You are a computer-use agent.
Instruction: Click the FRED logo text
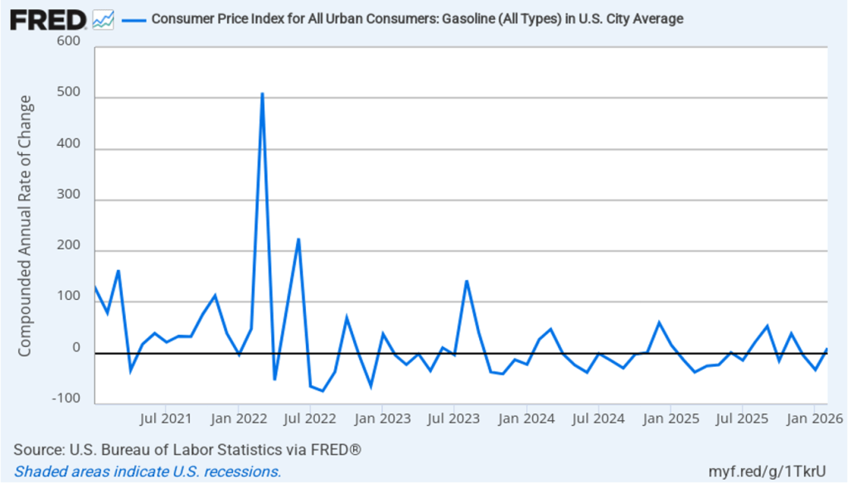point(48,19)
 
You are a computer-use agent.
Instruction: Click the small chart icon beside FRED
point(104,19)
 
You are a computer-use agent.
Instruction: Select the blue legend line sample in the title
point(133,19)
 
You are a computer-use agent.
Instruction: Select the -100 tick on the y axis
point(67,398)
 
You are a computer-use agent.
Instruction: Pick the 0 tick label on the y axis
point(76,347)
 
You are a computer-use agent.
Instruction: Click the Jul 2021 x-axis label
point(167,418)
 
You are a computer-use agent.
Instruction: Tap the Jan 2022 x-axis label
point(239,418)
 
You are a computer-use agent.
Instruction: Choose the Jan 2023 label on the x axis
point(381,418)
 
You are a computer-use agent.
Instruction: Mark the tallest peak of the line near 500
point(262,94)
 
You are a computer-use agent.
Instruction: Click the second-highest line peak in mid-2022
point(298,239)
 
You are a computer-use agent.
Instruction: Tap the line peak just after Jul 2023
point(467,281)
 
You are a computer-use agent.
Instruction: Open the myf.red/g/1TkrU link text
point(773,471)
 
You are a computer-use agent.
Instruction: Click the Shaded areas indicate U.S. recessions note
point(147,471)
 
